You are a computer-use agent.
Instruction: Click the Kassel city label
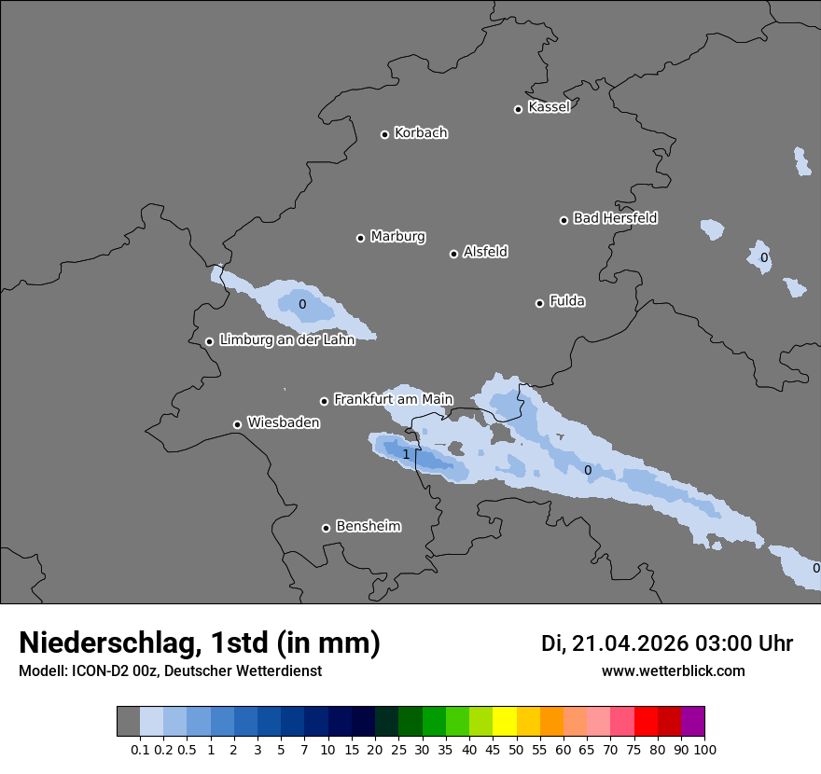coord(549,107)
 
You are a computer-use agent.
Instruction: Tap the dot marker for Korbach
coord(384,134)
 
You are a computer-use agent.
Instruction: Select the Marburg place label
coord(397,237)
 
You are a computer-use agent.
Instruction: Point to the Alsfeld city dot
coord(453,254)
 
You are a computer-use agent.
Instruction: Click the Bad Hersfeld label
coord(615,218)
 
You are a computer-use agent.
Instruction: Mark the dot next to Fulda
coord(539,303)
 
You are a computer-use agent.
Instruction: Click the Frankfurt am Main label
coord(393,399)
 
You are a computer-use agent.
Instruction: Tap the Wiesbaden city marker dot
coord(237,424)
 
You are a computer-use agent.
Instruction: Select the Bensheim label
coord(368,526)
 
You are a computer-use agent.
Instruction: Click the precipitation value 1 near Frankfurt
coord(406,454)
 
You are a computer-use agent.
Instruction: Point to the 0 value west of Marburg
coord(302,304)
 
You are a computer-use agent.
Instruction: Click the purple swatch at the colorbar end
coord(693,722)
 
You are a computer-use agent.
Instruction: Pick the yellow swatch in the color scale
coord(505,722)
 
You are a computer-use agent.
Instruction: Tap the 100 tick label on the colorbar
coord(705,749)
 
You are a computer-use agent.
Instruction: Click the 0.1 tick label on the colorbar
coord(140,749)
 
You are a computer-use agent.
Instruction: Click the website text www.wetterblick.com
coord(673,670)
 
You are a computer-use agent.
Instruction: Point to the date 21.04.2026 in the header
coord(630,643)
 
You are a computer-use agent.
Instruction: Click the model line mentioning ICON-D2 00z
coord(170,670)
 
